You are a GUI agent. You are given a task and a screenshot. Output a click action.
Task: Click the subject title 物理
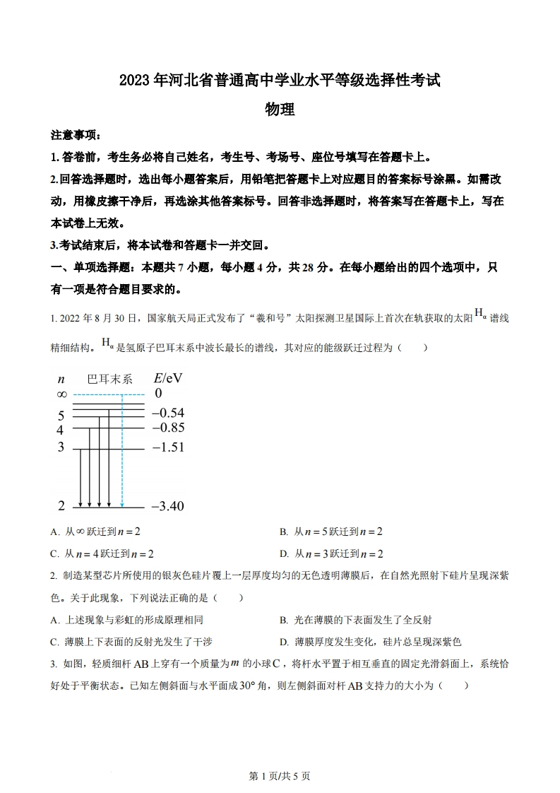[x=279, y=110]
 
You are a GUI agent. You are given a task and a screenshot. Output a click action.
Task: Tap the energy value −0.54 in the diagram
[x=168, y=412]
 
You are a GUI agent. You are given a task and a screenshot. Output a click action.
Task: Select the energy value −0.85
[x=168, y=428]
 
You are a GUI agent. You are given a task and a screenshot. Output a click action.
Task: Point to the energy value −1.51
[x=168, y=447]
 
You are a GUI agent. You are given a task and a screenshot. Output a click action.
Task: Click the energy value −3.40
[x=168, y=505]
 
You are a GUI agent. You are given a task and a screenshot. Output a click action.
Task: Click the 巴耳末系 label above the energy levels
[x=109, y=379]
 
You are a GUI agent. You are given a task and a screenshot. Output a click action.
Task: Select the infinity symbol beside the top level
[x=61, y=394]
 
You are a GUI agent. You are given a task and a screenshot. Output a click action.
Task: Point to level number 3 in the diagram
[x=61, y=447]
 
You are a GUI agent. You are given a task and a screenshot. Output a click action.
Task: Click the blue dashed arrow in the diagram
[x=122, y=452]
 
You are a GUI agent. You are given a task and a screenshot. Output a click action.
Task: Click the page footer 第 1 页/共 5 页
[x=280, y=775]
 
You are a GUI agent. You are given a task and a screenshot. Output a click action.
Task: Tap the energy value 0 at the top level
[x=158, y=394]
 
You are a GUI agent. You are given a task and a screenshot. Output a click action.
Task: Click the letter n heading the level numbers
[x=61, y=379]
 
